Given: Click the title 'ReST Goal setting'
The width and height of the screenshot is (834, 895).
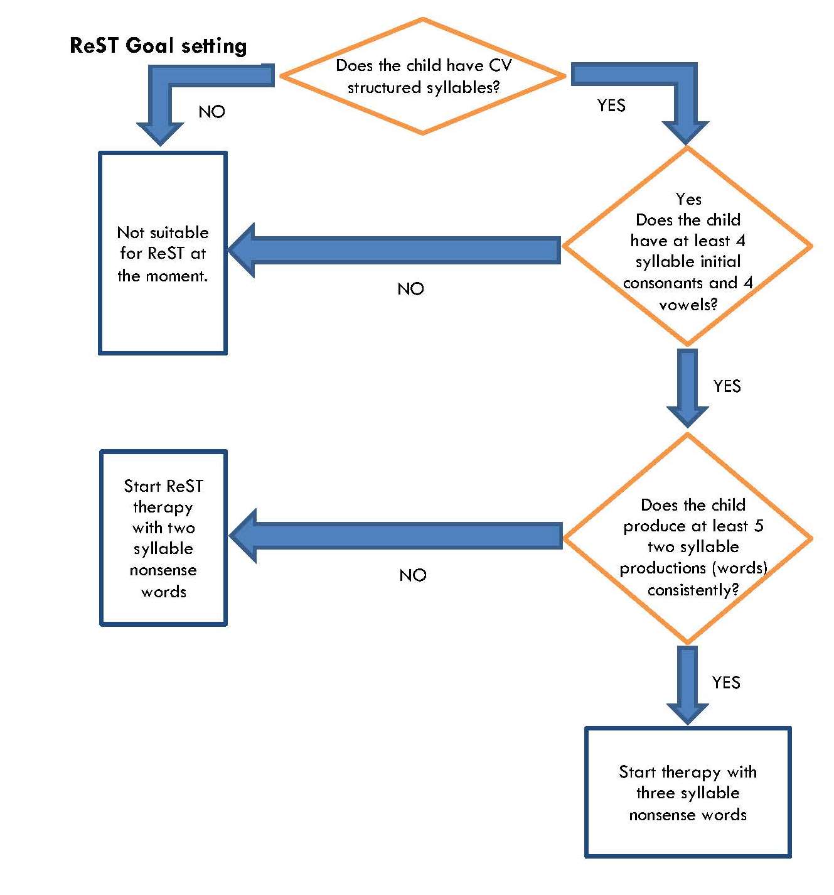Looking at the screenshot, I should (x=158, y=46).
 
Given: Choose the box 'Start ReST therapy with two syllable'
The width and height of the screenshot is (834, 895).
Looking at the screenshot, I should (x=163, y=538).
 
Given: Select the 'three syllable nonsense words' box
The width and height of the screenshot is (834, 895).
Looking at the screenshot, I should (x=688, y=793).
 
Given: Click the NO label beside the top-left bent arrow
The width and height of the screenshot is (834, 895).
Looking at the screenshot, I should (x=211, y=112).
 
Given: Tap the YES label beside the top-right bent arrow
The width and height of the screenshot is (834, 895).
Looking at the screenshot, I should (x=611, y=106).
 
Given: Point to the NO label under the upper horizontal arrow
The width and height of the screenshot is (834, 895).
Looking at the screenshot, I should (x=410, y=289).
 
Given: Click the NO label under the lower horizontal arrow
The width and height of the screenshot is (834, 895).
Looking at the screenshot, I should (x=412, y=575).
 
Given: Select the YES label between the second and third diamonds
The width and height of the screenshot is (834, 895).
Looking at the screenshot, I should (x=727, y=386).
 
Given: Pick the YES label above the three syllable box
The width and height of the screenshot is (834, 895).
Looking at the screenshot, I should (x=726, y=683).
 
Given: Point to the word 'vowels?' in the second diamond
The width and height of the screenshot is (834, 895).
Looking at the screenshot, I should (x=688, y=305).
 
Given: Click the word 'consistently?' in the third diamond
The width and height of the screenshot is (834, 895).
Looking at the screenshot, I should (x=693, y=590).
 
